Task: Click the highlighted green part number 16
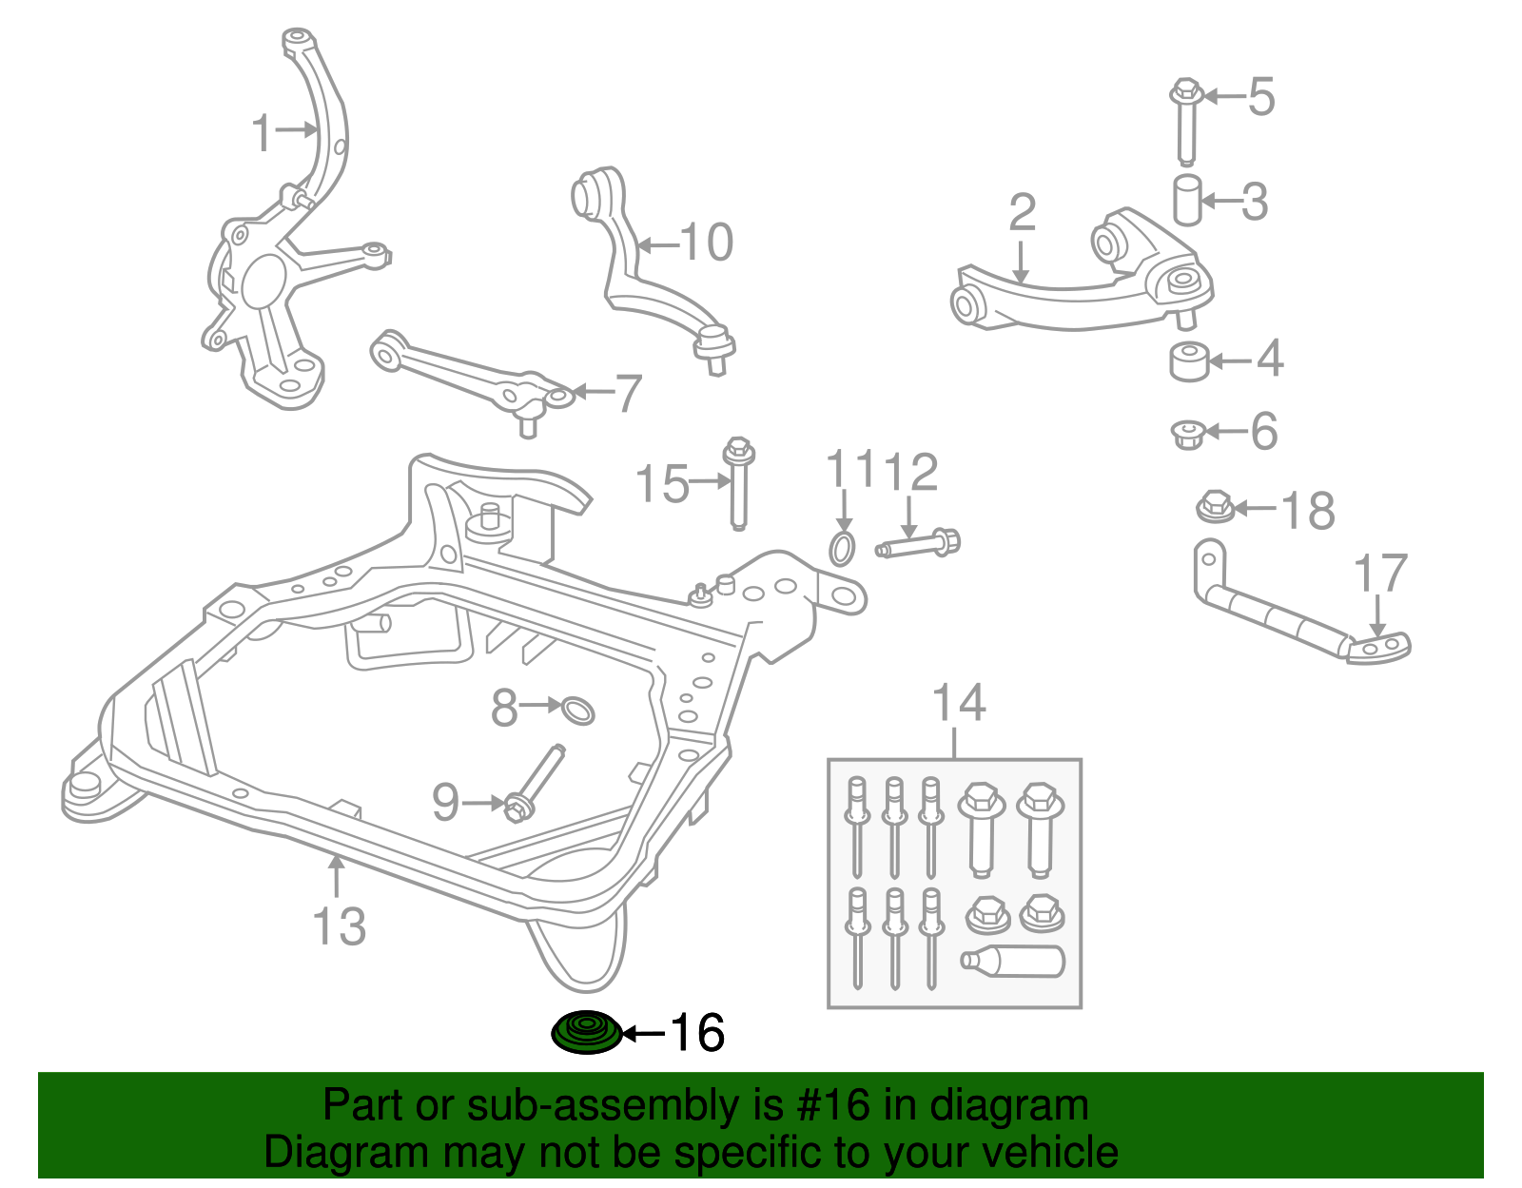[x=586, y=1033]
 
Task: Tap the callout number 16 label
[x=697, y=1033]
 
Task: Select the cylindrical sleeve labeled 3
[x=1186, y=200]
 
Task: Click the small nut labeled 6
[x=1188, y=435]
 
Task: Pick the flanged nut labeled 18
[x=1215, y=506]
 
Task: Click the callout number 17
[x=1379, y=574]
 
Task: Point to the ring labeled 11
[x=842, y=549]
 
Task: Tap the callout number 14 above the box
[x=958, y=703]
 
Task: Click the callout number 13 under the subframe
[x=339, y=925]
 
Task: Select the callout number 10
[x=706, y=243]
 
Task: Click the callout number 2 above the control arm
[x=1022, y=213]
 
